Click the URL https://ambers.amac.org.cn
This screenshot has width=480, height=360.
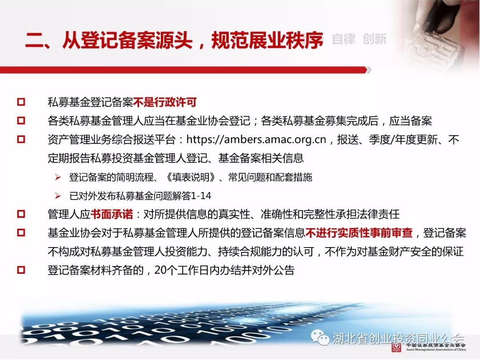[x=256, y=140]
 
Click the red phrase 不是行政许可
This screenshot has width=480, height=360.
[x=165, y=102]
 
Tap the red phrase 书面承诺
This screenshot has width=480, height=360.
[x=112, y=214]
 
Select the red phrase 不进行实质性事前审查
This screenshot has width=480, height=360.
[x=359, y=233]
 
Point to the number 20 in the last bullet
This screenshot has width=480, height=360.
[x=160, y=270]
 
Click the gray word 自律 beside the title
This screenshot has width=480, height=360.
[x=344, y=39]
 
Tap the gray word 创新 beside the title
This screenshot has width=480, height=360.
[x=374, y=39]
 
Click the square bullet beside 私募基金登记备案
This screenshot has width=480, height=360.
[x=21, y=102]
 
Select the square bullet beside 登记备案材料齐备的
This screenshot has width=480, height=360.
[x=21, y=270]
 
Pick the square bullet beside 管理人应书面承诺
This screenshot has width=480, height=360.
[x=21, y=214]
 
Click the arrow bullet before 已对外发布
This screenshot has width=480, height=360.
[x=58, y=196]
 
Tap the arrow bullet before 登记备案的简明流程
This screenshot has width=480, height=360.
[x=58, y=177]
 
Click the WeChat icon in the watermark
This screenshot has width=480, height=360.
[x=320, y=337]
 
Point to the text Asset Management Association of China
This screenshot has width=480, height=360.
[x=436, y=349]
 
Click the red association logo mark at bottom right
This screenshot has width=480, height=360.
[x=396, y=348]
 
